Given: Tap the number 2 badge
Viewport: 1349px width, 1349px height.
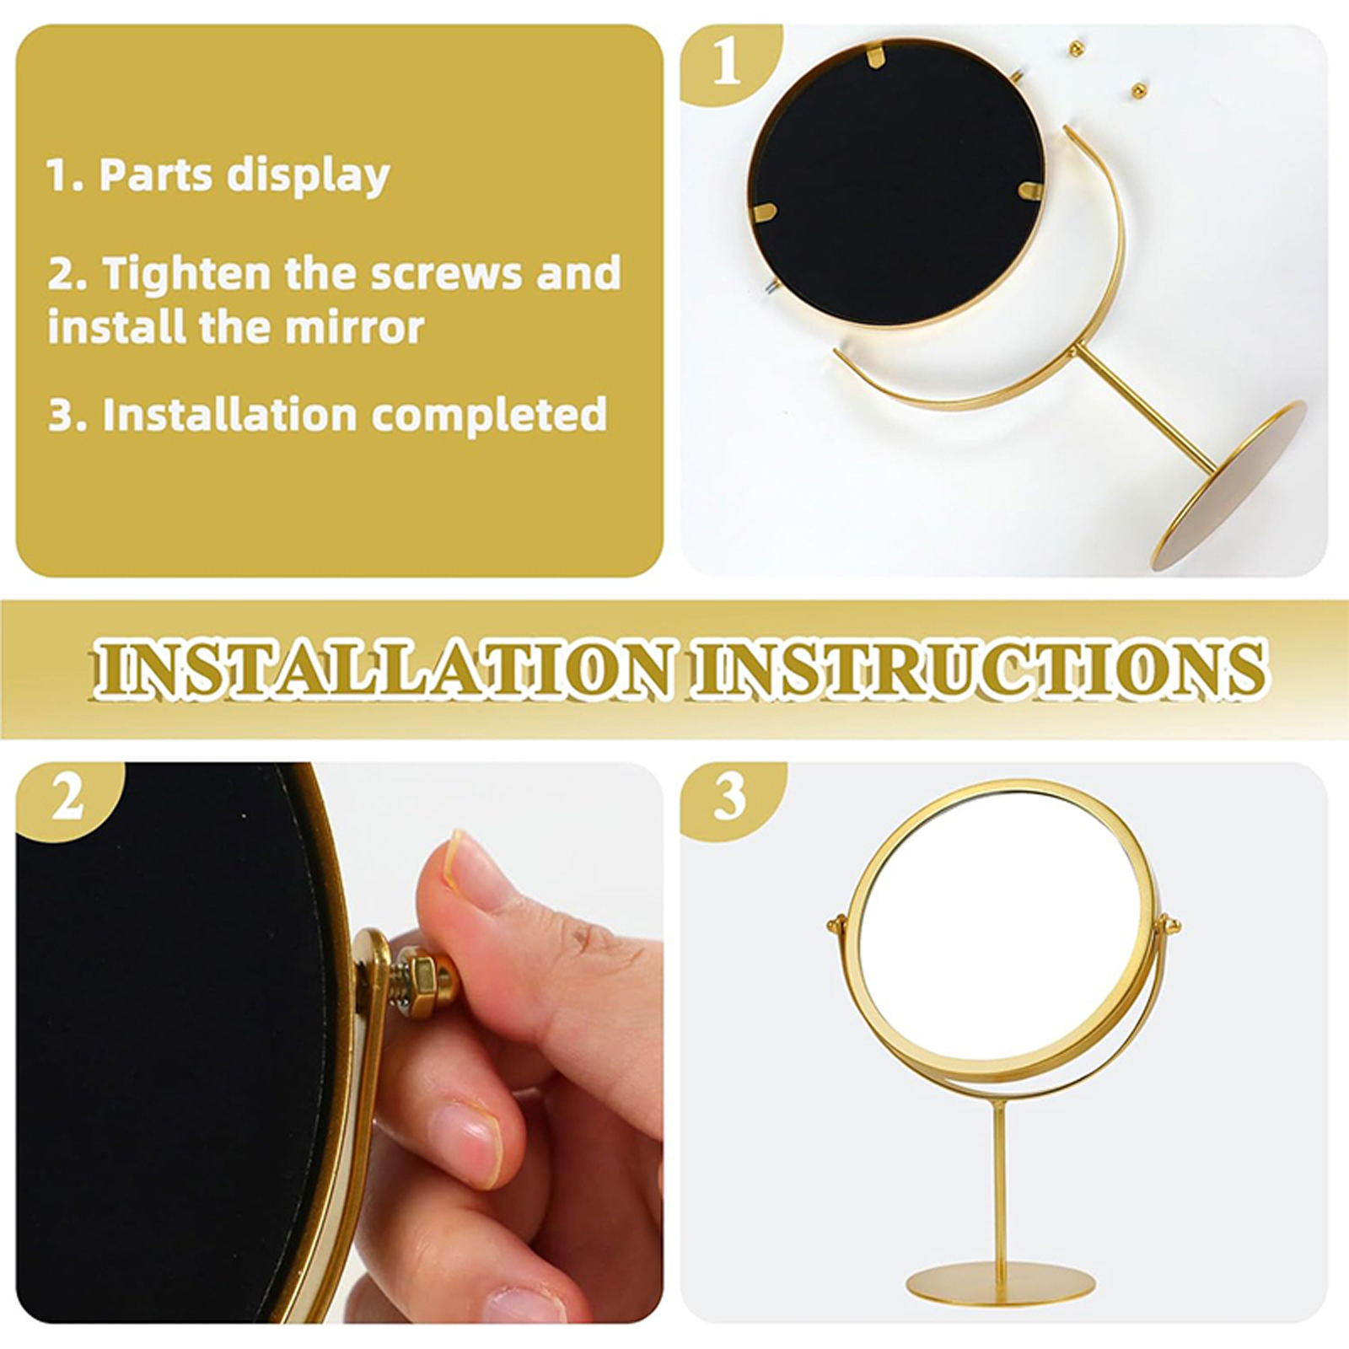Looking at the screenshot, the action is point(67,798).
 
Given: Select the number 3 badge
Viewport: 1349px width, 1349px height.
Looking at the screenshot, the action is point(730,797).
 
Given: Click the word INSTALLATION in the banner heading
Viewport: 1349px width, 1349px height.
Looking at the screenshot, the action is point(384,669).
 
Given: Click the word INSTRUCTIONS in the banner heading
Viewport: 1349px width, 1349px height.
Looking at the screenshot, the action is point(978,669).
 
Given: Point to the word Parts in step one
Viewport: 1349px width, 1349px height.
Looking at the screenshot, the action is point(155,175).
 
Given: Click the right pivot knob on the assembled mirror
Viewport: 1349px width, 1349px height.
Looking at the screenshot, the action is point(1169,925).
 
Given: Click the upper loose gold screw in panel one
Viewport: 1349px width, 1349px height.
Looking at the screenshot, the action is point(1077,49).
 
